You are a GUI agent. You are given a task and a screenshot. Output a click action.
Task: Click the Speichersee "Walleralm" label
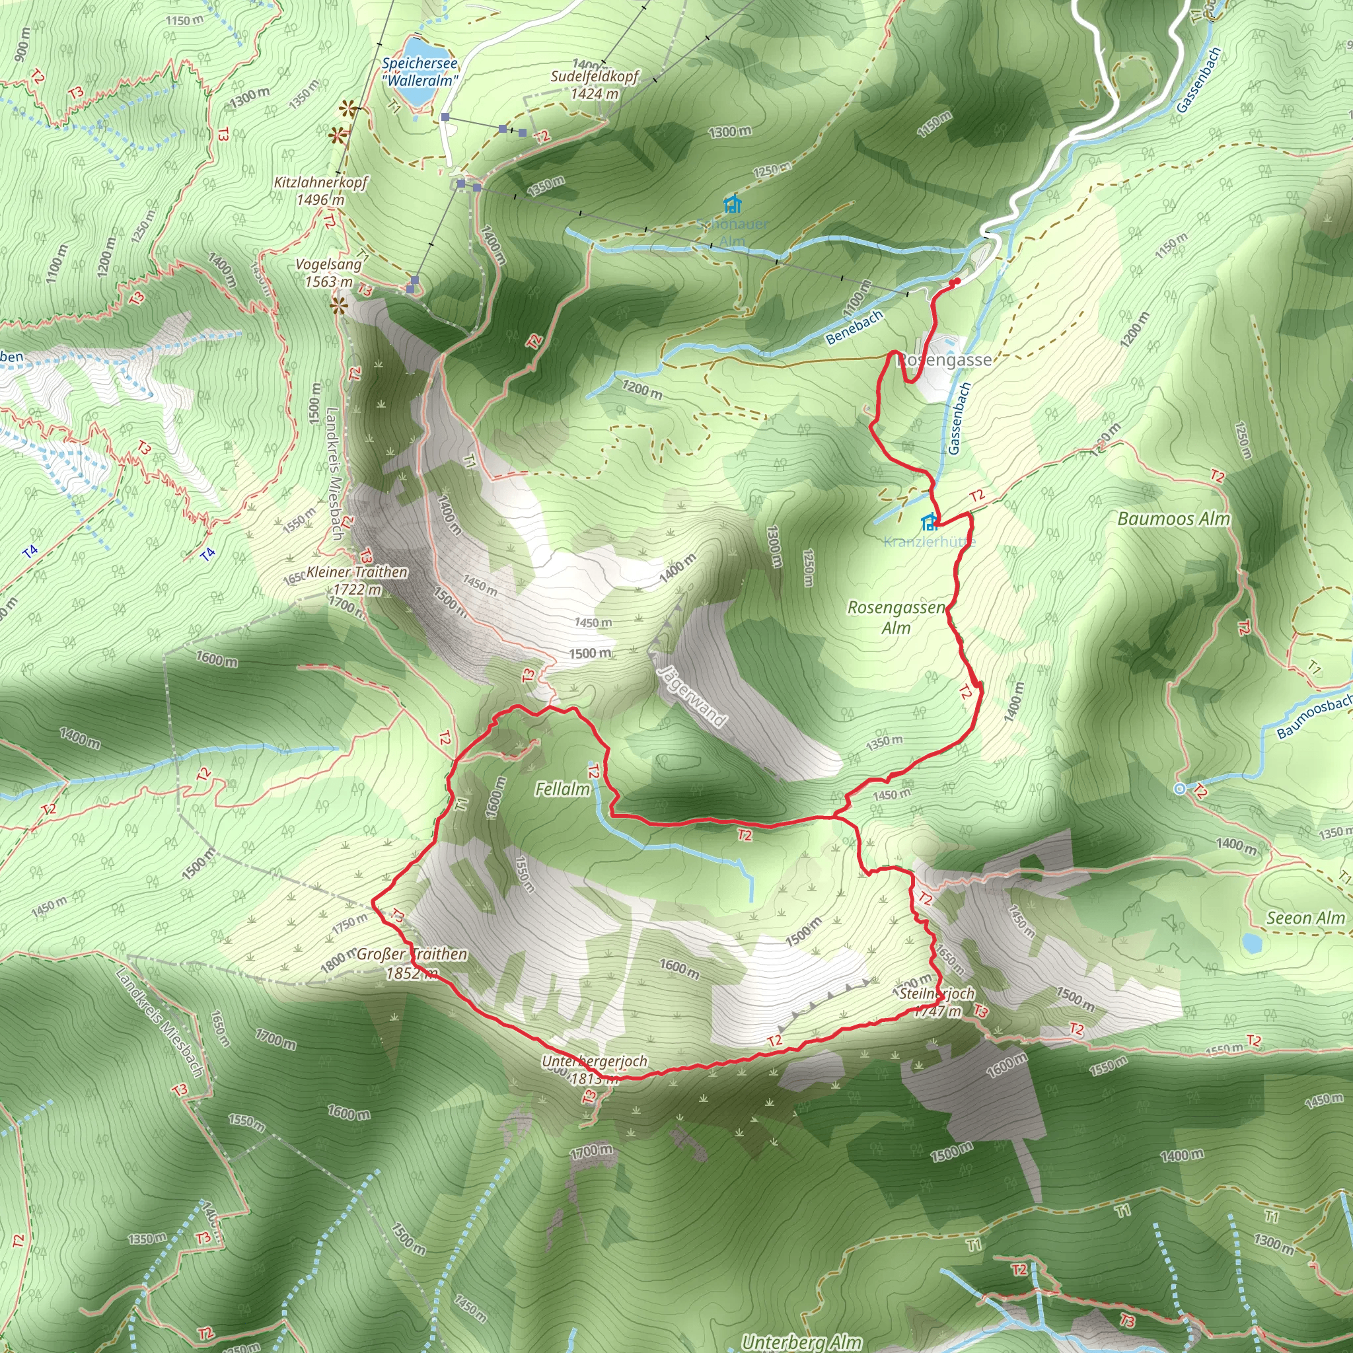coord(420,72)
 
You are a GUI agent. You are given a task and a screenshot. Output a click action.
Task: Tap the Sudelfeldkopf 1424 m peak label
coord(594,85)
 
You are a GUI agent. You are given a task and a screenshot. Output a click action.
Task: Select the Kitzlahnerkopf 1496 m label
coord(320,190)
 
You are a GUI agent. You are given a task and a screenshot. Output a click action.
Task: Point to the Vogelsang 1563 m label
coord(328,272)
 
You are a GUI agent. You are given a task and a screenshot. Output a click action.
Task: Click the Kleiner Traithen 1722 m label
coord(357,581)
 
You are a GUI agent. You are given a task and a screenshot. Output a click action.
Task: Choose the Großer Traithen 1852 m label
coord(412,963)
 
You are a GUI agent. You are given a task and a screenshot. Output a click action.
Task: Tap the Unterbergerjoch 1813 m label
coord(595,1070)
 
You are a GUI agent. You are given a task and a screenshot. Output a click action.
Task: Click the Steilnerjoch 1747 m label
coord(937,1002)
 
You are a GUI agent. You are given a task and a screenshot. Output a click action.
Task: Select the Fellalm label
coord(562,789)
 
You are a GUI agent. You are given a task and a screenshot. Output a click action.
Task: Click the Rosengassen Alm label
coord(896,617)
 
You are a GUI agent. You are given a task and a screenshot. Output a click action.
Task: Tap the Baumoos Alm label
coord(1174,519)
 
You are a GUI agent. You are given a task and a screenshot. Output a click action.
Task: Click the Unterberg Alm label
coord(802,1342)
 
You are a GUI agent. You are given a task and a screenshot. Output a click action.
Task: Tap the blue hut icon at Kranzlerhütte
coord(930,523)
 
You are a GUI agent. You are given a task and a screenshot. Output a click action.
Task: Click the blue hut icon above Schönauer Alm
coord(733,205)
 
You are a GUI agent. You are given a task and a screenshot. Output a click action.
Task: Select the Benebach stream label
coord(854,328)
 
